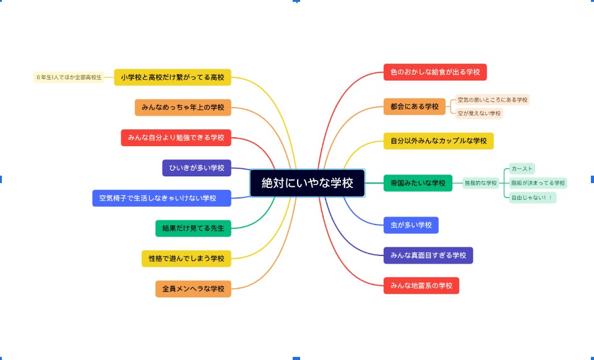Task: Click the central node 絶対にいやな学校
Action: [307, 183]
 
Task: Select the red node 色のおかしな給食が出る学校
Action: [434, 72]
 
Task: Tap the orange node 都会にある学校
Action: [414, 106]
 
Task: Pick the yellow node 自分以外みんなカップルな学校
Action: [438, 141]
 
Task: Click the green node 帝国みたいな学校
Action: [418, 183]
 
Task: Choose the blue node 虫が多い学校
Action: [411, 225]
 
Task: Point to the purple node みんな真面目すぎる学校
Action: [428, 255]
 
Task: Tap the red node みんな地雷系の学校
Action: [421, 286]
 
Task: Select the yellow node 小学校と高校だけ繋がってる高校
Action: [173, 77]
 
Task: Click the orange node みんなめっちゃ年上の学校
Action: [183, 107]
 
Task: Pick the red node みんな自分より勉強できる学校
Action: [176, 137]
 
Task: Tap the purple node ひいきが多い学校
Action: [197, 168]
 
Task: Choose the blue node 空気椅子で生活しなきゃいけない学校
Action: [161, 198]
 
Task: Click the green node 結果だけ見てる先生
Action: [193, 228]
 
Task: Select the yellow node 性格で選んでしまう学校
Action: [186, 258]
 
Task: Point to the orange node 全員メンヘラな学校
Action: [193, 288]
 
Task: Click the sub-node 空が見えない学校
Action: [479, 113]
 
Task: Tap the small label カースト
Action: [522, 168]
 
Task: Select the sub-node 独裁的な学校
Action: [481, 183]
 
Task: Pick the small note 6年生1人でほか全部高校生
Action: [69, 77]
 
